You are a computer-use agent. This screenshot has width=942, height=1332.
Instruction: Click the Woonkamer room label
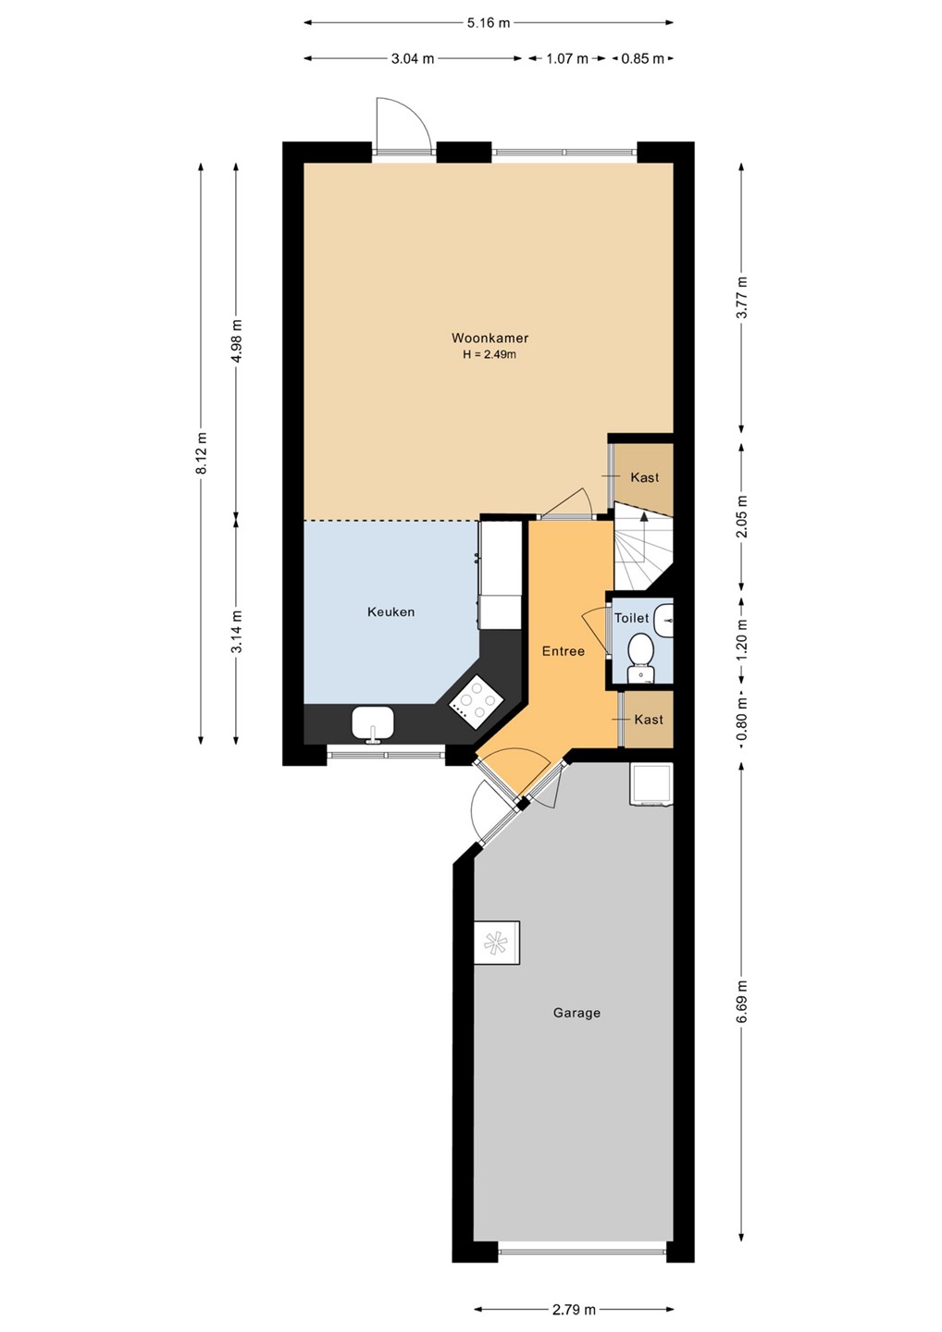490,339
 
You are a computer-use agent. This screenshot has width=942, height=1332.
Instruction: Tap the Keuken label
390,612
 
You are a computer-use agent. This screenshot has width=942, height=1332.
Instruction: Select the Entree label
564,651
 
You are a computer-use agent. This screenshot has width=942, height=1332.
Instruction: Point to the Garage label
576,1013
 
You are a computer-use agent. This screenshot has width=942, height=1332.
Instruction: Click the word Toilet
632,618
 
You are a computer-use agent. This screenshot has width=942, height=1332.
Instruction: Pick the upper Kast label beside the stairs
645,477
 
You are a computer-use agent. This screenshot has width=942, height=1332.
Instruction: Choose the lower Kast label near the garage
649,720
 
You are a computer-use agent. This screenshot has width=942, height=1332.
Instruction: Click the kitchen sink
372,723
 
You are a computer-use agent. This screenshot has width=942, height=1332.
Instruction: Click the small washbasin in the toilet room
663,620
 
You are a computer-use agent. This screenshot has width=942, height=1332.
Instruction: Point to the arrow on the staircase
643,536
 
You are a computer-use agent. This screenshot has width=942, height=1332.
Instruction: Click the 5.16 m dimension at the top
489,23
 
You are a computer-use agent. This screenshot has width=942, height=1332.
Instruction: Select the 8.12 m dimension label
203,453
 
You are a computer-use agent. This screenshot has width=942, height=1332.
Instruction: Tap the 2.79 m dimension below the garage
574,1309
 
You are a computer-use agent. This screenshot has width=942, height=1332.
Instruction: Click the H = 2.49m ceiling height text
490,355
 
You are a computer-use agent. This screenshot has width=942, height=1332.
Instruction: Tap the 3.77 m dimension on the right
741,297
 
